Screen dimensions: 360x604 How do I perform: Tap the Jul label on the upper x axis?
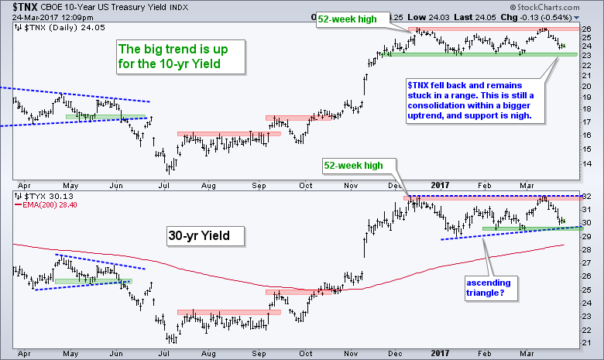163,185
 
